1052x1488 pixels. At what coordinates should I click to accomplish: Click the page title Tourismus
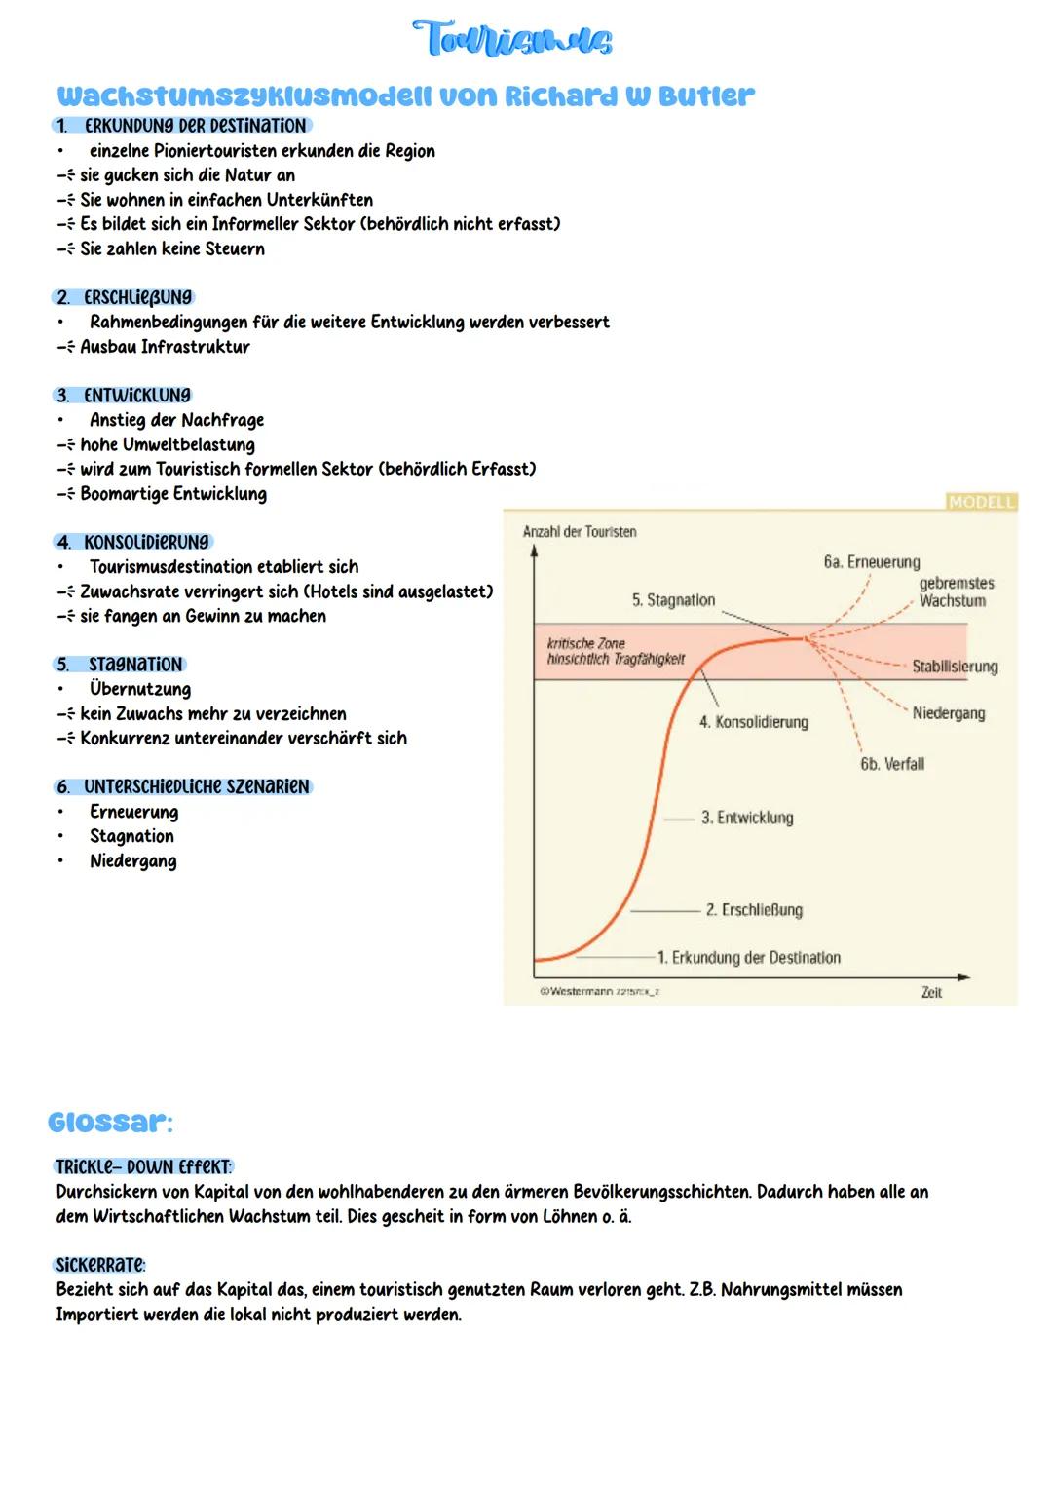pyautogui.click(x=512, y=41)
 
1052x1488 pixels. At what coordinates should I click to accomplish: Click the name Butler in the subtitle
pyautogui.click(x=707, y=96)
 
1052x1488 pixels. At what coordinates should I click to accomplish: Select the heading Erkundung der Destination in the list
pyautogui.click(x=195, y=126)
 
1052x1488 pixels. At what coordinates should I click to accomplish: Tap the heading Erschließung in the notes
pyautogui.click(x=138, y=297)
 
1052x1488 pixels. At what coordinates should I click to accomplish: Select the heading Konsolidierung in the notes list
pyautogui.click(x=146, y=542)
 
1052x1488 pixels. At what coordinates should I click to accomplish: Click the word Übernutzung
pyautogui.click(x=140, y=689)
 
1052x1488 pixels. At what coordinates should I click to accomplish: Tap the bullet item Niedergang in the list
pyautogui.click(x=133, y=860)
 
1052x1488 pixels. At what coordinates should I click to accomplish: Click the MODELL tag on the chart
pyautogui.click(x=981, y=502)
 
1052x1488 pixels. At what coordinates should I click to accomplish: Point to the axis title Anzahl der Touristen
pyautogui.click(x=580, y=532)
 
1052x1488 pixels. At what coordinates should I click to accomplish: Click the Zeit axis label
pyautogui.click(x=931, y=992)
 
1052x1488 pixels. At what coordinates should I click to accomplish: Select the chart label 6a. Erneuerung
pyautogui.click(x=871, y=562)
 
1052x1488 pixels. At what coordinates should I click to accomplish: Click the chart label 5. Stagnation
pyautogui.click(x=673, y=600)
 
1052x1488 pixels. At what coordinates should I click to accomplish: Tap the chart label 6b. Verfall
pyautogui.click(x=891, y=764)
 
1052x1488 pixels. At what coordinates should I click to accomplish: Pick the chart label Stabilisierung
pyautogui.click(x=955, y=667)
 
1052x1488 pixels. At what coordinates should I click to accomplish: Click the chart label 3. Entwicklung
pyautogui.click(x=747, y=818)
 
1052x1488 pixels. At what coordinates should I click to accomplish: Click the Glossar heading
pyautogui.click(x=110, y=1123)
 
